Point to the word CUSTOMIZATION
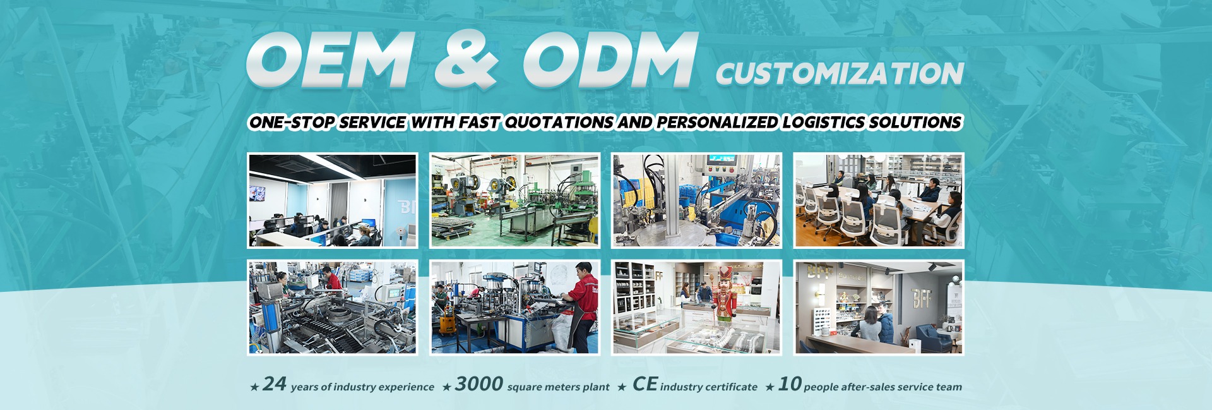pos(840,74)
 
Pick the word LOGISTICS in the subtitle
pos(823,122)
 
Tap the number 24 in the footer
pos(275,383)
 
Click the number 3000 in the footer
pos(479,383)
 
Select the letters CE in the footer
pos(645,383)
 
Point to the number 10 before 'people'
pos(790,383)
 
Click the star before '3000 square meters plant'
pos(446,387)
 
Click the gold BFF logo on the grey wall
pos(922,297)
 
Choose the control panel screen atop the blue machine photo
pos(720,162)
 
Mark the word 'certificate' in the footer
pos(734,387)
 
